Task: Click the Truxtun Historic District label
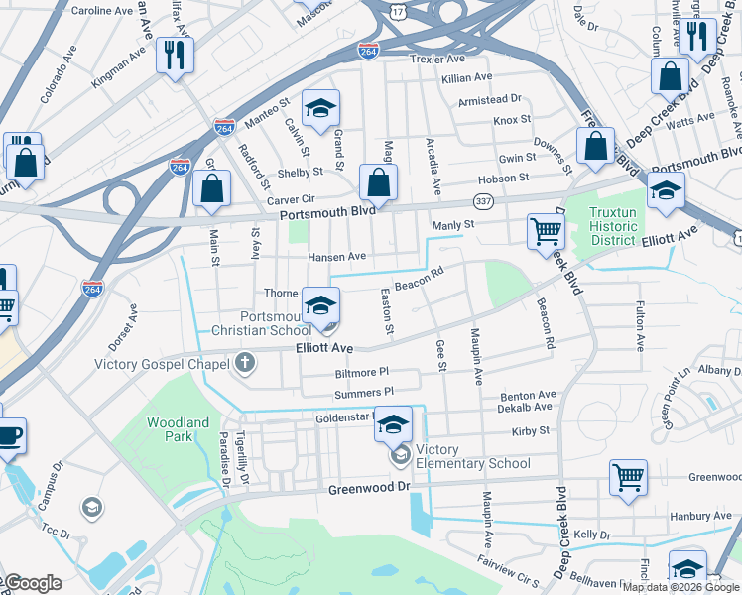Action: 626,226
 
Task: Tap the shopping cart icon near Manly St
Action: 546,232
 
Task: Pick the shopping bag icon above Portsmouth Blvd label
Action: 378,182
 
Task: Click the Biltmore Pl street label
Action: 362,372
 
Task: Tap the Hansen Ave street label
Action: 336,256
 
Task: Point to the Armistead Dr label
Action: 489,100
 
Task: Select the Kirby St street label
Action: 530,431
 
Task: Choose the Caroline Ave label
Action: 102,11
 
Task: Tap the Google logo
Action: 32,584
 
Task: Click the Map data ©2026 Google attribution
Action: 680,587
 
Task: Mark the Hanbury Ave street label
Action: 706,516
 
